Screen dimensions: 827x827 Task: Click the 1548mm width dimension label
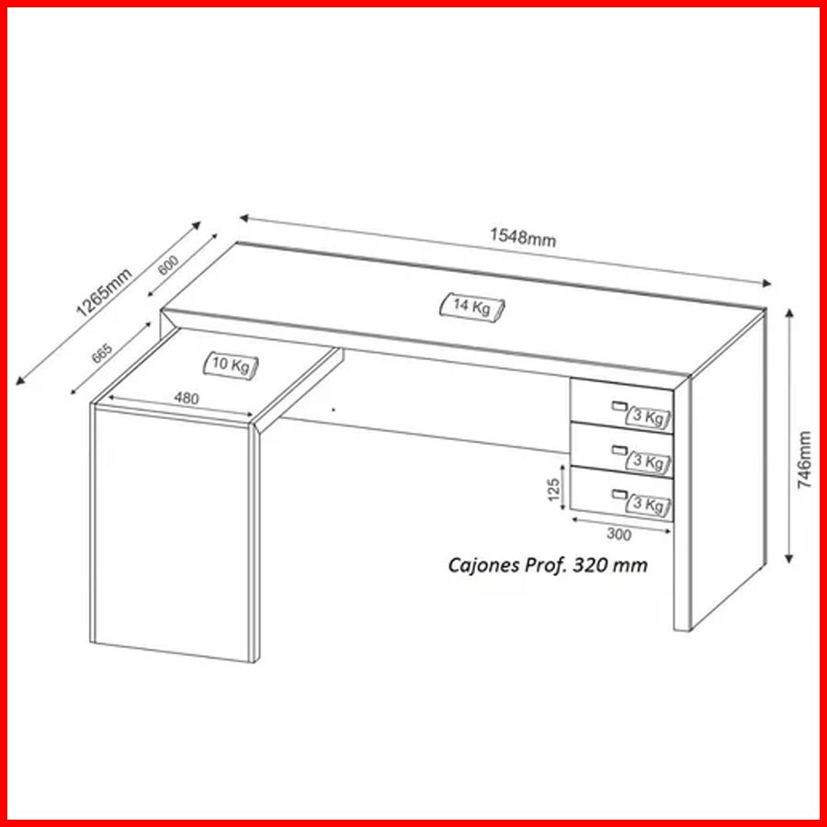tap(523, 237)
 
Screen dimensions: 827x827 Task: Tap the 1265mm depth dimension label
tap(104, 293)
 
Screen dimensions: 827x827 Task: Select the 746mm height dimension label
tap(804, 459)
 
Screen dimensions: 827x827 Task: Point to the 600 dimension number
tap(169, 265)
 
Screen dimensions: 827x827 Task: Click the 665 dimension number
tap(102, 354)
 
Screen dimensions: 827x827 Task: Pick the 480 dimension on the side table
tap(187, 398)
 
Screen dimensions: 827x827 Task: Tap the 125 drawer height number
tap(553, 490)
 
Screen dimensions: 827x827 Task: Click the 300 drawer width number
tap(618, 534)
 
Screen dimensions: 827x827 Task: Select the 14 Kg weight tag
tap(472, 306)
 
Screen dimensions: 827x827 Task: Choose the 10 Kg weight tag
tap(232, 365)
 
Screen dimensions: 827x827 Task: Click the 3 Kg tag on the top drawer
tap(648, 418)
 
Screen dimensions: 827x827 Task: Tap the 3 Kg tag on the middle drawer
tap(648, 461)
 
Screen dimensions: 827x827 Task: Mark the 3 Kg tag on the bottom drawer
tap(648, 504)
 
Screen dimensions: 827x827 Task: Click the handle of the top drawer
tap(619, 405)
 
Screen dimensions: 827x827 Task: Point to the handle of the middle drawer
tap(619, 449)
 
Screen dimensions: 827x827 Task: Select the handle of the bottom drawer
tap(619, 493)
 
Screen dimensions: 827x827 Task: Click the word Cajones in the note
tap(483, 565)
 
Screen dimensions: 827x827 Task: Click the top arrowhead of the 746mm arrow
tap(789, 314)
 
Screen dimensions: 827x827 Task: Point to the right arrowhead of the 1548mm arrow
tap(766, 284)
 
